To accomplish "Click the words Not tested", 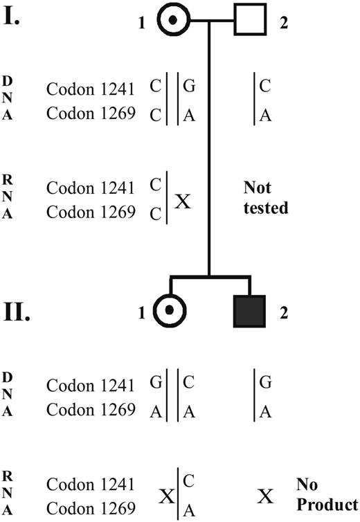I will [266, 197].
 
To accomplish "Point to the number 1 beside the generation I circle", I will [141, 23].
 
